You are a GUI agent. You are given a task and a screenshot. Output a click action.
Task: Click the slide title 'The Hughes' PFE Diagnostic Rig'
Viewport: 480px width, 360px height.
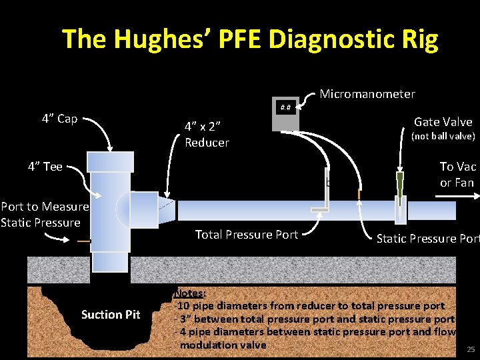pos(250,40)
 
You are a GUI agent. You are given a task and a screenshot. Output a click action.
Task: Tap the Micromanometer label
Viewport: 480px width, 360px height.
pos(367,94)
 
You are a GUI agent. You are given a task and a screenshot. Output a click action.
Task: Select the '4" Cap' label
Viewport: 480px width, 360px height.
pos(59,119)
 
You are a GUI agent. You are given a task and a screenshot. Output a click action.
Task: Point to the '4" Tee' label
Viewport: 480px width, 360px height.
pos(45,167)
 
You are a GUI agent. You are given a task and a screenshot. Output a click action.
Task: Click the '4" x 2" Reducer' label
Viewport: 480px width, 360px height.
pos(207,134)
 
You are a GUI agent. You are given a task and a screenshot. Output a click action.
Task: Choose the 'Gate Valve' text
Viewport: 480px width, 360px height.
pos(443,121)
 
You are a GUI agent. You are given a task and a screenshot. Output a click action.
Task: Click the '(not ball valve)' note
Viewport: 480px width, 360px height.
pos(443,136)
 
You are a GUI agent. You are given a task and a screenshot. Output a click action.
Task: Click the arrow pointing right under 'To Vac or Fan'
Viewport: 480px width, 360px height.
pos(457,195)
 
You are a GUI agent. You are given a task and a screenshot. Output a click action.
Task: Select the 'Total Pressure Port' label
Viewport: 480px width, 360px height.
pos(246,234)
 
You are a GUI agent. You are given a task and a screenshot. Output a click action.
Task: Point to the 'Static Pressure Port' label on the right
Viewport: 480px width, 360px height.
pos(427,238)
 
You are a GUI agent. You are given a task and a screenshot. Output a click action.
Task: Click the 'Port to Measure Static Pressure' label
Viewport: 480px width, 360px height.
pos(44,215)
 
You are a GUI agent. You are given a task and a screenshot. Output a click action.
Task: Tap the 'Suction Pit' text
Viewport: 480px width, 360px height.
pos(111,315)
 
